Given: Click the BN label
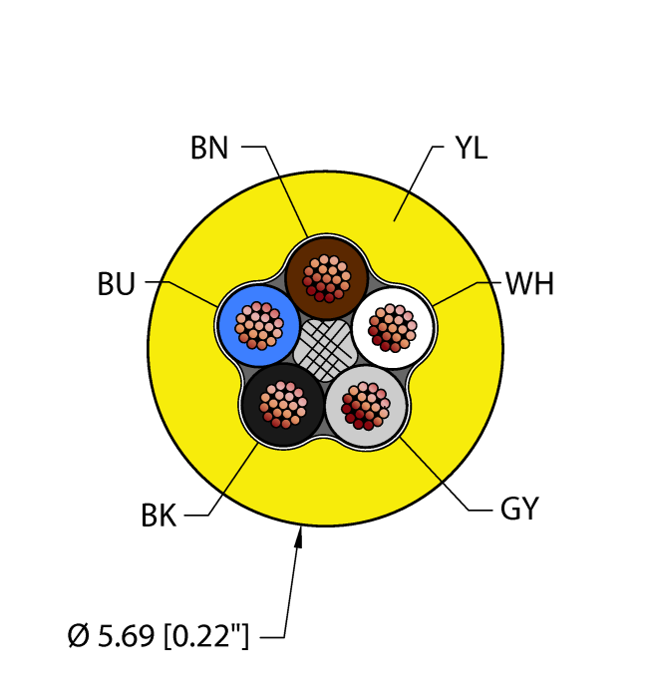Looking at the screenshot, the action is tap(209, 148).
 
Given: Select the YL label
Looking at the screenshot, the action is tap(472, 148).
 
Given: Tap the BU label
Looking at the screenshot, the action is tap(116, 284).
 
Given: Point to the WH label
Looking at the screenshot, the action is tap(530, 283).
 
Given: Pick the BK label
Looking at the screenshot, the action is tap(159, 516).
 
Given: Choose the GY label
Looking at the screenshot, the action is tap(519, 508).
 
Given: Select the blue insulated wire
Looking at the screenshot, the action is tap(258, 325).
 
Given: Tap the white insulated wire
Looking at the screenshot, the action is tap(393, 328).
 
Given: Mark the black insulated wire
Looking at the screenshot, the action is tap(283, 405).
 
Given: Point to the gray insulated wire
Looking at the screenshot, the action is tap(366, 407).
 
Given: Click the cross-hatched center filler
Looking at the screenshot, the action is tap(325, 350).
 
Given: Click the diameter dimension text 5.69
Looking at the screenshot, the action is tap(126, 635).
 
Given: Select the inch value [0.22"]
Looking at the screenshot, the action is tap(206, 636).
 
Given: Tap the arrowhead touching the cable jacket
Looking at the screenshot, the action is tap(299, 536).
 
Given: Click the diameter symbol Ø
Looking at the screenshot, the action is tap(79, 635).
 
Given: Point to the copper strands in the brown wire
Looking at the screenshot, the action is tap(327, 278).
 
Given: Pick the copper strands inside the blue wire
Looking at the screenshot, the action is tap(258, 326).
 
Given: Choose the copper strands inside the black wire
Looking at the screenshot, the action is tap(283, 405).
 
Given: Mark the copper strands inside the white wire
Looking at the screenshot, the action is tap(393, 328).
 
